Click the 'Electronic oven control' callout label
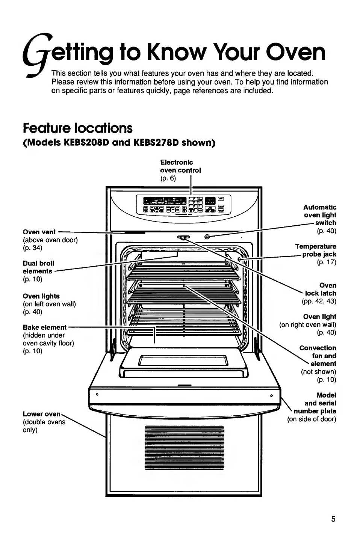180,166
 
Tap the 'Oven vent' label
39,232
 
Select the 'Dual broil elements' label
38,267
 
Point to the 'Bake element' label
44,327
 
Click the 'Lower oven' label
41,414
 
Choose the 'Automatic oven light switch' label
320,215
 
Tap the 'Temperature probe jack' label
316,250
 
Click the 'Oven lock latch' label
321,289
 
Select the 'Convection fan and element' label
318,356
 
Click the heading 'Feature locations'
77,128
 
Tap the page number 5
333,519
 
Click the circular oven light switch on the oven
207,237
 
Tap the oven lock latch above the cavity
183,237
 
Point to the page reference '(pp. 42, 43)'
319,301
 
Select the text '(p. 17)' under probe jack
327,262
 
